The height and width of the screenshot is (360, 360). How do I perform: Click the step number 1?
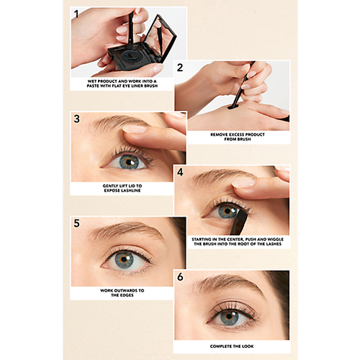pos(76,14)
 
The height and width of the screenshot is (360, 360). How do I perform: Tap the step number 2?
pos(180,68)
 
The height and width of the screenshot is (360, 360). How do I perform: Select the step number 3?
pos(76,119)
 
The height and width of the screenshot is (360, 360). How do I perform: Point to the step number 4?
pos(180,172)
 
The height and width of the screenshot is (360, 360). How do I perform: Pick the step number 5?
pos(76,223)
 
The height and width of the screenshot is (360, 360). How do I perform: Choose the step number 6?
pos(180,276)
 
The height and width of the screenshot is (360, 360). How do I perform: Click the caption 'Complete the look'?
pos(232,346)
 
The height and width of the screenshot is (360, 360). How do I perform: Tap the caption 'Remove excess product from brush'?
pos(238,137)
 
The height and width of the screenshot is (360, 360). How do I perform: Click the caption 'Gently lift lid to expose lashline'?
pos(122,188)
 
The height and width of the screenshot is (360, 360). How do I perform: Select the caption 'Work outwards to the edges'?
pos(122,293)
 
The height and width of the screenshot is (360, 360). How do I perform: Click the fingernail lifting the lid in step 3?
pos(135,129)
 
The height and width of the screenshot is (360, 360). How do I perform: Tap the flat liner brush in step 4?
pos(239,222)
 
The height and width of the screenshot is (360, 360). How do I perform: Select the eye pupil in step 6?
pos(229,316)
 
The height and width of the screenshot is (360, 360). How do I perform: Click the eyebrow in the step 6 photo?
pos(229,284)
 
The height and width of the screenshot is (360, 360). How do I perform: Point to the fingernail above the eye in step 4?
pos(243,184)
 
